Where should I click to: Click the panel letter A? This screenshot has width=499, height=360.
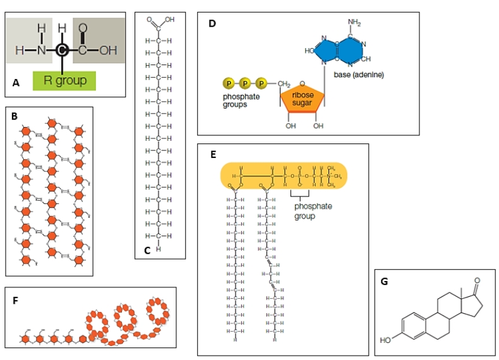16,82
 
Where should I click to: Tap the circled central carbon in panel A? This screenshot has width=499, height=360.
61,51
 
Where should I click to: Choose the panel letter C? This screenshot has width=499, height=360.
147,250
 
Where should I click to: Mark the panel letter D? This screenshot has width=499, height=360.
212,24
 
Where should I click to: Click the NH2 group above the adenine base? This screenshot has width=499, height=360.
354,23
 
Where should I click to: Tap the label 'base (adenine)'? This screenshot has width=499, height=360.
359,75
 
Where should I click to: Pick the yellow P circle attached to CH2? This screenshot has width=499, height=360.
260,83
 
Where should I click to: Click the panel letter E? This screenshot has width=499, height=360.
213,153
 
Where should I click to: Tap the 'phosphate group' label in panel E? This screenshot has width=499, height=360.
313,211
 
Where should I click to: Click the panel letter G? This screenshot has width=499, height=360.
385,282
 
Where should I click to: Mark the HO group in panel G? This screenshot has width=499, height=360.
385,340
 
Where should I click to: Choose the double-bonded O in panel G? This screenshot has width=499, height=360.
476,279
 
